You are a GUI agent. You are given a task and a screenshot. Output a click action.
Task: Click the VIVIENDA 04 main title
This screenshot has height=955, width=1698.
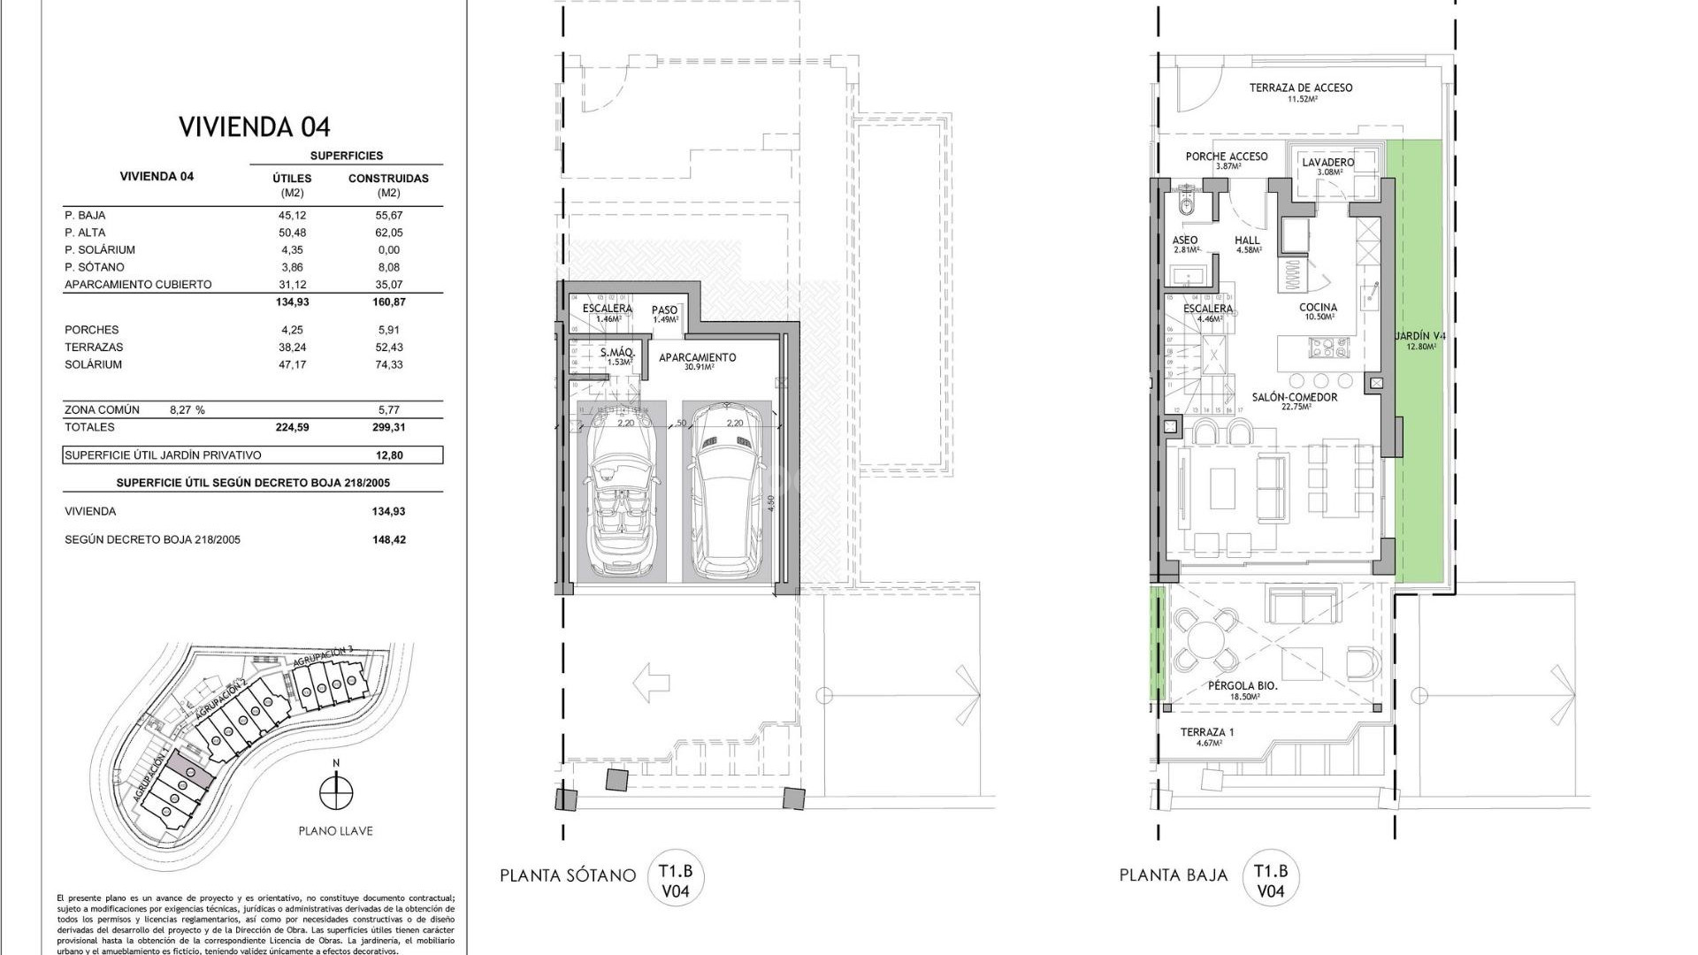pos(255,127)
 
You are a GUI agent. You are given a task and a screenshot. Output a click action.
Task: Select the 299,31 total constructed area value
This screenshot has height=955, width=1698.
pos(388,427)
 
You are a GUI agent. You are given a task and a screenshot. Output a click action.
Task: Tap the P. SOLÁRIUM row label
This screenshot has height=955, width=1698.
pos(99,250)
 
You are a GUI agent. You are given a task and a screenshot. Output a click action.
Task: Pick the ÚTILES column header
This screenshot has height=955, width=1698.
pos(292,179)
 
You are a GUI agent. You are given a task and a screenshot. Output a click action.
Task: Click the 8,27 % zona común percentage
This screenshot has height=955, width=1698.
pos(187,410)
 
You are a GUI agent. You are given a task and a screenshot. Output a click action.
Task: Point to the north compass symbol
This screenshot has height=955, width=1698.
pos(336,791)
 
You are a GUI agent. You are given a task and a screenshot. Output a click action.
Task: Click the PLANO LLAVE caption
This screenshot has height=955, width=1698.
pos(335,831)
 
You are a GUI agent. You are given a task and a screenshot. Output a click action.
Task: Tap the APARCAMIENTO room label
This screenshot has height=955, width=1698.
pos(697,358)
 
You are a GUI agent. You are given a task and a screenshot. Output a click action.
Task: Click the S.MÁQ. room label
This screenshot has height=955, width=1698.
pos(616,354)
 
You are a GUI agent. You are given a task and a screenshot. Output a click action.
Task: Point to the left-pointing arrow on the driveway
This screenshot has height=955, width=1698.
pos(651,683)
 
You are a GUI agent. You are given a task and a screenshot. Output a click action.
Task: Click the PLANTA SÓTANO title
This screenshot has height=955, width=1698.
pos(567,875)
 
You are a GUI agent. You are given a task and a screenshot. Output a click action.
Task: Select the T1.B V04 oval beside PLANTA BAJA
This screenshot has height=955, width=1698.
pos(1270,880)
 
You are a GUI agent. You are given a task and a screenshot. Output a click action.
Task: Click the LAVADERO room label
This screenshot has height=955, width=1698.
pos(1327,163)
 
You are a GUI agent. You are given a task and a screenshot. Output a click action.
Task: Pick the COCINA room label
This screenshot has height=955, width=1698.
pos(1318,308)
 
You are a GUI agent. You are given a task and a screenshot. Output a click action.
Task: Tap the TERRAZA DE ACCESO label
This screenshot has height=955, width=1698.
pos(1300,88)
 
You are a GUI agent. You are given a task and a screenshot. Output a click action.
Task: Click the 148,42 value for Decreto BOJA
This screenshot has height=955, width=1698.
pos(389,539)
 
